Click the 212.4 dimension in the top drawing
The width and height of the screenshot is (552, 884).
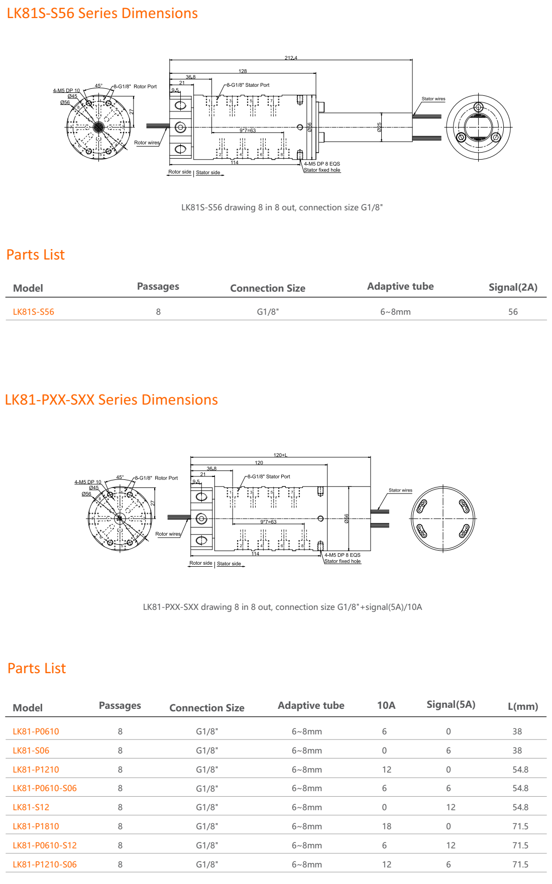[291, 58]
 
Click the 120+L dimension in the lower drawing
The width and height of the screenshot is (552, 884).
[280, 455]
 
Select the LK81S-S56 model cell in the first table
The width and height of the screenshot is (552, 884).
[33, 312]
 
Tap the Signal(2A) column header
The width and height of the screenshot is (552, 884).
[513, 287]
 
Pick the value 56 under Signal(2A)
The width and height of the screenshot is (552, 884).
[513, 312]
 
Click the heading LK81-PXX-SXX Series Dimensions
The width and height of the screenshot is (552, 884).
[111, 400]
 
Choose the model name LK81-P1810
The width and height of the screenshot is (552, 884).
[36, 826]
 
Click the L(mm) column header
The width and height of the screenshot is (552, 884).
[523, 706]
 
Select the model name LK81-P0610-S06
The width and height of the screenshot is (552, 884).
[45, 788]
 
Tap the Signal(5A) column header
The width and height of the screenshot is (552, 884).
[451, 704]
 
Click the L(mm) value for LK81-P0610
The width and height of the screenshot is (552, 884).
[517, 731]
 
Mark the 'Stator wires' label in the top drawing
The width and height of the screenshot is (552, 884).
[433, 99]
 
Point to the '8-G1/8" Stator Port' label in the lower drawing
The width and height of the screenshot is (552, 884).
[269, 476]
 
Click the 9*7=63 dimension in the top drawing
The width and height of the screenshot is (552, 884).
[248, 131]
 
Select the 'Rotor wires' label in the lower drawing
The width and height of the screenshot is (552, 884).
[168, 534]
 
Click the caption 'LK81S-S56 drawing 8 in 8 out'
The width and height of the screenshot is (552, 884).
[282, 207]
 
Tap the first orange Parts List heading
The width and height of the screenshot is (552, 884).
[36, 255]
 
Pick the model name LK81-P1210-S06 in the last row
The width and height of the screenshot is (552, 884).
[45, 864]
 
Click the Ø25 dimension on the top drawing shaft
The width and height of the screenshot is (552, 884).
[380, 127]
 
